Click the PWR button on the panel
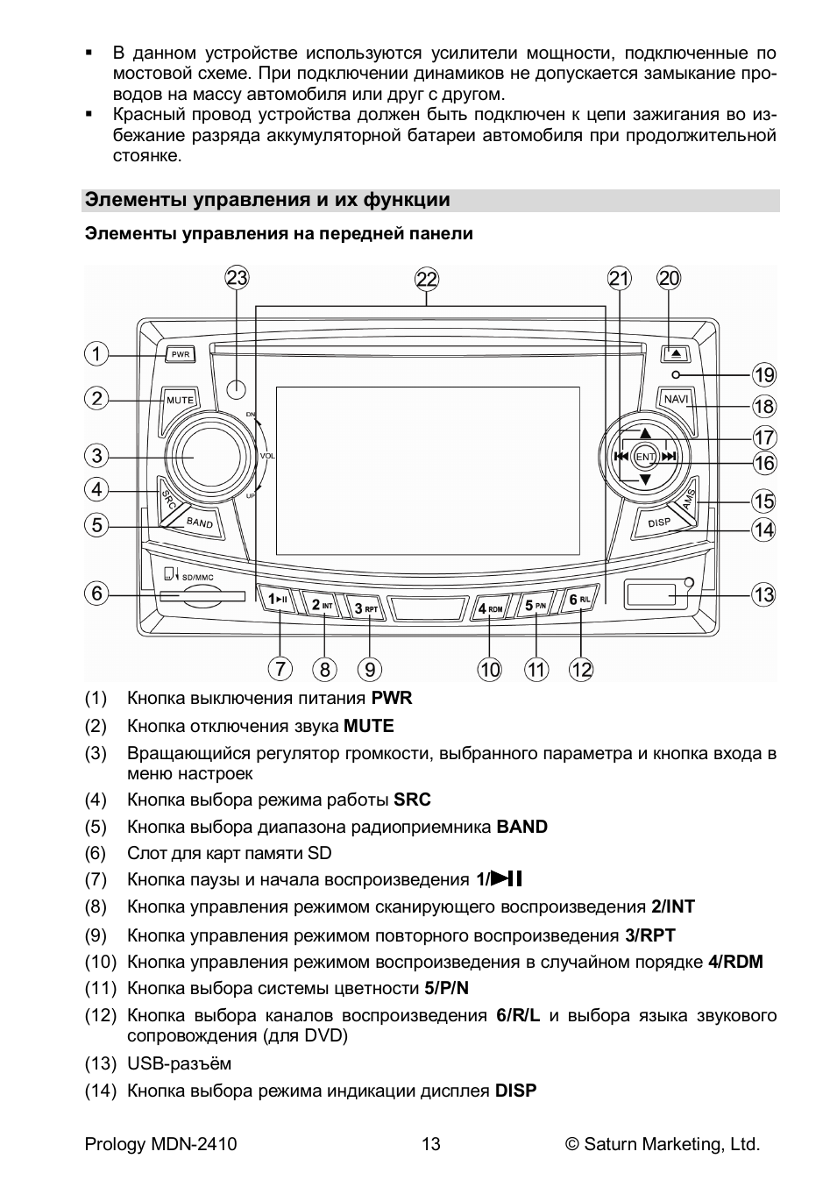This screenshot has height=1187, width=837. (x=181, y=354)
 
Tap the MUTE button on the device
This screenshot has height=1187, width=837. (x=180, y=400)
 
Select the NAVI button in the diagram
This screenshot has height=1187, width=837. (x=676, y=400)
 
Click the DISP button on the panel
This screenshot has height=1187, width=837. (x=659, y=523)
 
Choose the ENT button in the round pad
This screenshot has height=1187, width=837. (x=645, y=457)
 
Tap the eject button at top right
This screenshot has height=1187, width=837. (x=676, y=354)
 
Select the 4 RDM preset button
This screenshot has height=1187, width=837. (x=490, y=608)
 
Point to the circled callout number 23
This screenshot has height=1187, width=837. (x=238, y=279)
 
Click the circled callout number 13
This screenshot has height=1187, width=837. (x=763, y=595)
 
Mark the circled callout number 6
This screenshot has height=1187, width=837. (x=96, y=593)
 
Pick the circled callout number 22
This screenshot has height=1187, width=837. (x=427, y=280)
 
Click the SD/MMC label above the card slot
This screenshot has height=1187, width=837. (x=197, y=578)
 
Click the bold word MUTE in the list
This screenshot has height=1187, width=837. (x=369, y=726)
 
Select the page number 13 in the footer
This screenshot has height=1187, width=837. (x=430, y=1144)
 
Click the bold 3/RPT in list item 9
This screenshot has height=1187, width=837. (x=650, y=935)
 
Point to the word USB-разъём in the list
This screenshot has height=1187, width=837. (x=180, y=1063)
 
